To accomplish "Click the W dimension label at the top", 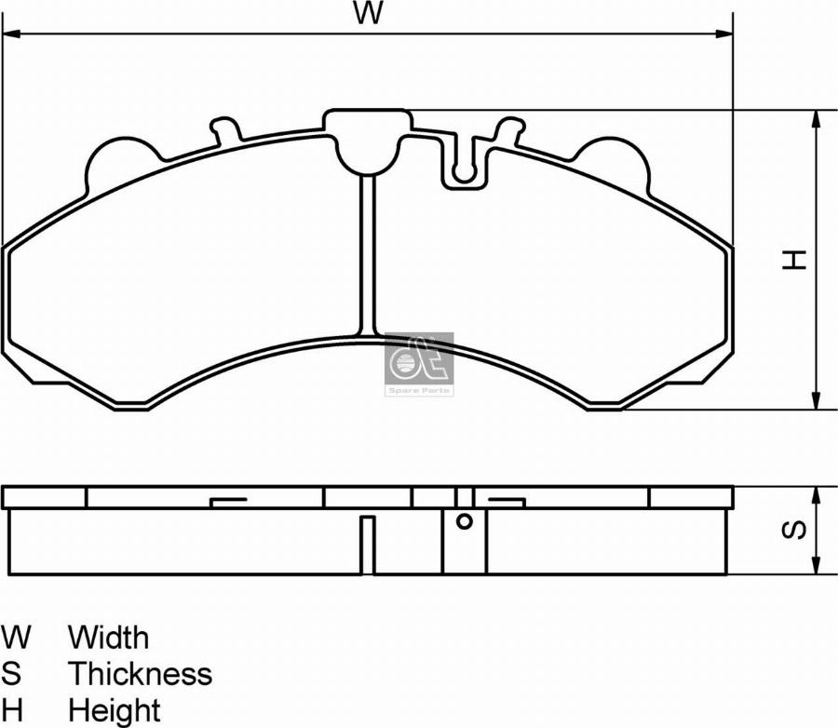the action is point(368,13).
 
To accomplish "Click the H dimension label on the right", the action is point(793,260).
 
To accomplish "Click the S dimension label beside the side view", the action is point(793,530).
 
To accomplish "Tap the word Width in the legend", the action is point(109,637).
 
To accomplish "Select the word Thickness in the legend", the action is point(141,673).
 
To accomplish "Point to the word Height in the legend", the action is point(115,711).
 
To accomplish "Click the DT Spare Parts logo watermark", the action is point(420,364).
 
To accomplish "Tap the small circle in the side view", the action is point(465,521).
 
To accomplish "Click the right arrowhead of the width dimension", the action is point(724,34).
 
